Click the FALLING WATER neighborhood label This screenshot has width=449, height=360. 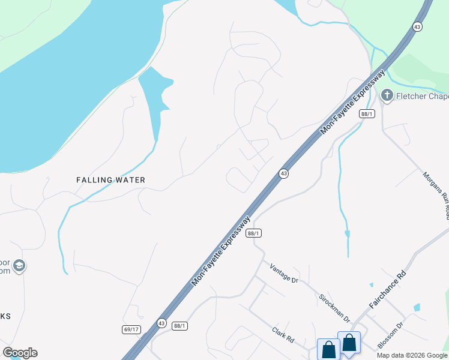coord(110,180)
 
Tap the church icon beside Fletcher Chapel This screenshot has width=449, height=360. coord(387,95)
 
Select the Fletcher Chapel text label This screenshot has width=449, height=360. coord(422,96)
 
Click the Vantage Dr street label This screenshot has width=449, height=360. coord(283,273)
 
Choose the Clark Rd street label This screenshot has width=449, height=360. coord(282,335)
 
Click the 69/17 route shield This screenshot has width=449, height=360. coord(130,329)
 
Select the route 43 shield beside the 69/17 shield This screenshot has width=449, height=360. coord(161,323)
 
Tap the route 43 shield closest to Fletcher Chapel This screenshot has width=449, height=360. coord(417,26)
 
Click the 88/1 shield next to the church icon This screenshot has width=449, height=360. coord(367,114)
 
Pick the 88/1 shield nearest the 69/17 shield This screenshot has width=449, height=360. coord(179,326)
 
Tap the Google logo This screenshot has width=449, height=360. coord(20,353)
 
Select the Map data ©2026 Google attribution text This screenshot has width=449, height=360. coord(411,355)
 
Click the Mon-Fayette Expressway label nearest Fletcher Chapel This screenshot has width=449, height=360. coord(352,102)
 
